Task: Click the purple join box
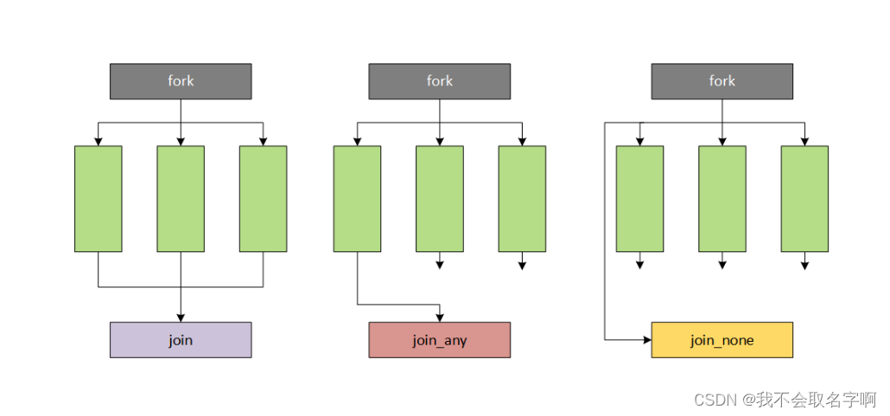[x=181, y=340]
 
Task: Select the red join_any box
[x=439, y=340]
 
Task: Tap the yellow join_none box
[x=722, y=340]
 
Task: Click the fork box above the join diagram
[x=181, y=81]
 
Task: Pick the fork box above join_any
[x=439, y=81]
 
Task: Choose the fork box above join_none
[x=722, y=81]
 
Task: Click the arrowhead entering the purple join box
[x=181, y=318]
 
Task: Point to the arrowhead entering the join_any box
[x=440, y=318]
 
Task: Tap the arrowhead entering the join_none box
[x=646, y=340]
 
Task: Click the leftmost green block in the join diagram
[x=98, y=199]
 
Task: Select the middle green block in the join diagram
[x=181, y=199]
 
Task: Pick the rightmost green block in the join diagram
[x=263, y=199]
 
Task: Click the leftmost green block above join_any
[x=357, y=199]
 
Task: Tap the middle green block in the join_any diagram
[x=439, y=199]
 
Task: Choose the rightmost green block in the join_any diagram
[x=522, y=199]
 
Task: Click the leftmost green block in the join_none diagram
[x=639, y=199]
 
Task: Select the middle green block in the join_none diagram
[x=722, y=199]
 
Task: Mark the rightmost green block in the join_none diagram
[x=804, y=199]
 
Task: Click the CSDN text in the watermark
[x=714, y=400]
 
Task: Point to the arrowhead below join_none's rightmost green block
[x=804, y=265]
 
